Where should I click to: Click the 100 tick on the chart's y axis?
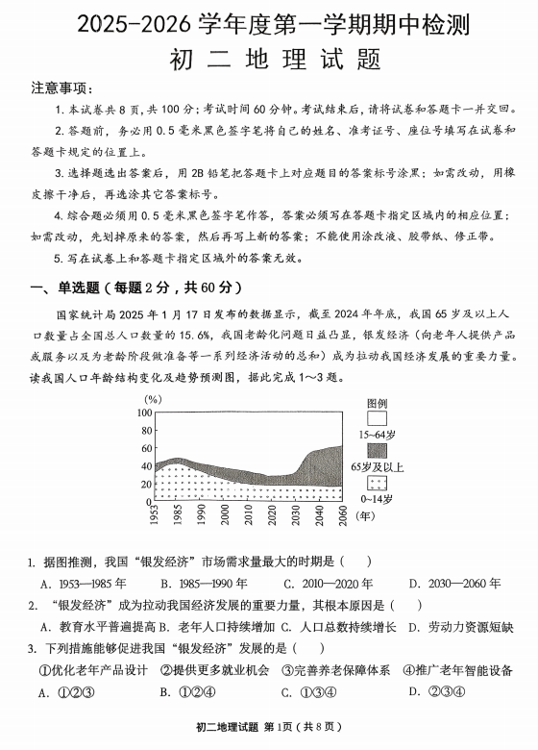(143, 412)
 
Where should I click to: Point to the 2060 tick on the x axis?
(343, 515)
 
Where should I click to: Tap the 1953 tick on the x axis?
(154, 515)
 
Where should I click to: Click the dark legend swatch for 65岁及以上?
(378, 451)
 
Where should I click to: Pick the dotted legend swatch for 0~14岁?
(378, 484)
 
